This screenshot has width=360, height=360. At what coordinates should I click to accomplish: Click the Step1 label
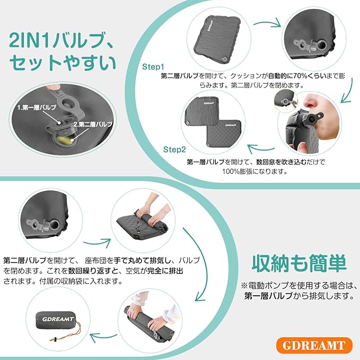[153, 67]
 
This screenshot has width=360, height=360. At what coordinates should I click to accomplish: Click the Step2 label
[174, 150]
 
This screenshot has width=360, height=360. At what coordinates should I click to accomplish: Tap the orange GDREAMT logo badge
[314, 345]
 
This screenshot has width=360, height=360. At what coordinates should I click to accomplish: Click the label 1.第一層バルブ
[37, 108]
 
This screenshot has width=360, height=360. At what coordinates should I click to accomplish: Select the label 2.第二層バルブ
[93, 125]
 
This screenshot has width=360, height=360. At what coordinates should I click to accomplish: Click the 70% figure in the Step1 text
[298, 75]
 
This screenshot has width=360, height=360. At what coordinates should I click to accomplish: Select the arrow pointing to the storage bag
[103, 337]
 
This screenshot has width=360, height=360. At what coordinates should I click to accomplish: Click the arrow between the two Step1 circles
[267, 23]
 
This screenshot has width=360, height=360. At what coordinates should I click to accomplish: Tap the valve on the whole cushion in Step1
[224, 60]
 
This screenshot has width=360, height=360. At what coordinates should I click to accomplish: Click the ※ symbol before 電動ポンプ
[244, 286]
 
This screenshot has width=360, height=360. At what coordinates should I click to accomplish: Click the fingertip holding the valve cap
[52, 87]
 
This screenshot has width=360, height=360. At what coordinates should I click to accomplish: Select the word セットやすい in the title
[63, 63]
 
